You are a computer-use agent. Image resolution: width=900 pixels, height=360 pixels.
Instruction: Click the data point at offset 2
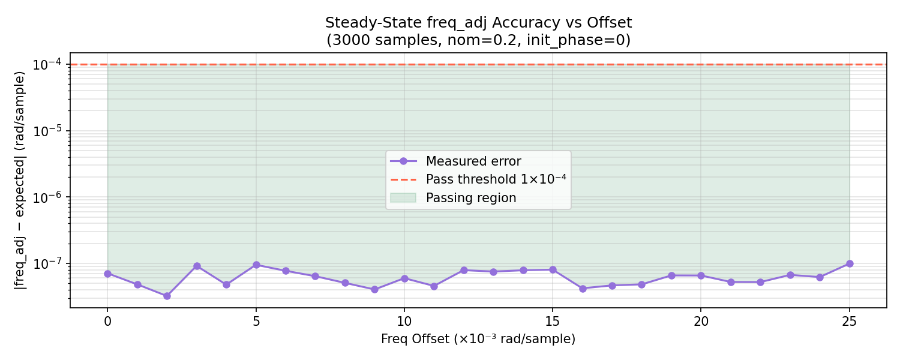click(x=167, y=296)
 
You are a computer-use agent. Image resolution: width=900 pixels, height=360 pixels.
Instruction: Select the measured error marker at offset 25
click(x=850, y=263)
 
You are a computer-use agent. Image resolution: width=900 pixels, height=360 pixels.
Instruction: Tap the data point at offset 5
click(x=256, y=265)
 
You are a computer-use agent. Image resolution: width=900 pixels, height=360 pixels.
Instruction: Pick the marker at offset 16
click(x=583, y=289)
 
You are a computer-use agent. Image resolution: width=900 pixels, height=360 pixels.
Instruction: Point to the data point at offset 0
click(x=107, y=274)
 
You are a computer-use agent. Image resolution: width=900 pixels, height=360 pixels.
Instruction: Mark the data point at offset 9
click(x=374, y=289)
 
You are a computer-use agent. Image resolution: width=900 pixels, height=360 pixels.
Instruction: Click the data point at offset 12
click(x=464, y=270)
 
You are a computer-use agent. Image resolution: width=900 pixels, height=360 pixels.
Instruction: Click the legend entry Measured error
click(x=473, y=161)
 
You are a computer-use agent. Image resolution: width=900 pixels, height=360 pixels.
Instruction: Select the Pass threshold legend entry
click(x=496, y=179)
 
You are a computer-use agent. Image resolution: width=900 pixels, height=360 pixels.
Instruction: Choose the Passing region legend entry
click(x=471, y=198)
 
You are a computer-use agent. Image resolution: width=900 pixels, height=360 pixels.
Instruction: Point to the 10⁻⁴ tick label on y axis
click(x=49, y=65)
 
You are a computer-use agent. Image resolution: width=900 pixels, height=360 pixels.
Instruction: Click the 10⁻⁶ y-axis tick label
click(x=49, y=197)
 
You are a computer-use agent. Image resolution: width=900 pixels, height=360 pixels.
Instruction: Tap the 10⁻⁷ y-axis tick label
click(x=49, y=264)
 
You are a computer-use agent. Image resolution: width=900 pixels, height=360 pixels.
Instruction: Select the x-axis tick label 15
click(x=553, y=322)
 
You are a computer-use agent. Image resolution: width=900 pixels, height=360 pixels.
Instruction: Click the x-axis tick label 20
click(x=701, y=322)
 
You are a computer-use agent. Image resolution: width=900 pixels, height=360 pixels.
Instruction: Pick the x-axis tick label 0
click(x=107, y=322)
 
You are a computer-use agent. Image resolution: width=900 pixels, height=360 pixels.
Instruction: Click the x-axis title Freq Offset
click(x=478, y=340)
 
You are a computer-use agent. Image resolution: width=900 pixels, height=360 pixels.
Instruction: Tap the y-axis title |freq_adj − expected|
click(x=20, y=180)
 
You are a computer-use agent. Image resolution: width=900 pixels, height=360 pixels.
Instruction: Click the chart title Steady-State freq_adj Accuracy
click(x=478, y=23)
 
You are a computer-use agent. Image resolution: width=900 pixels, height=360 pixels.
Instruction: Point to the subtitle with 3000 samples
click(x=478, y=40)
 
